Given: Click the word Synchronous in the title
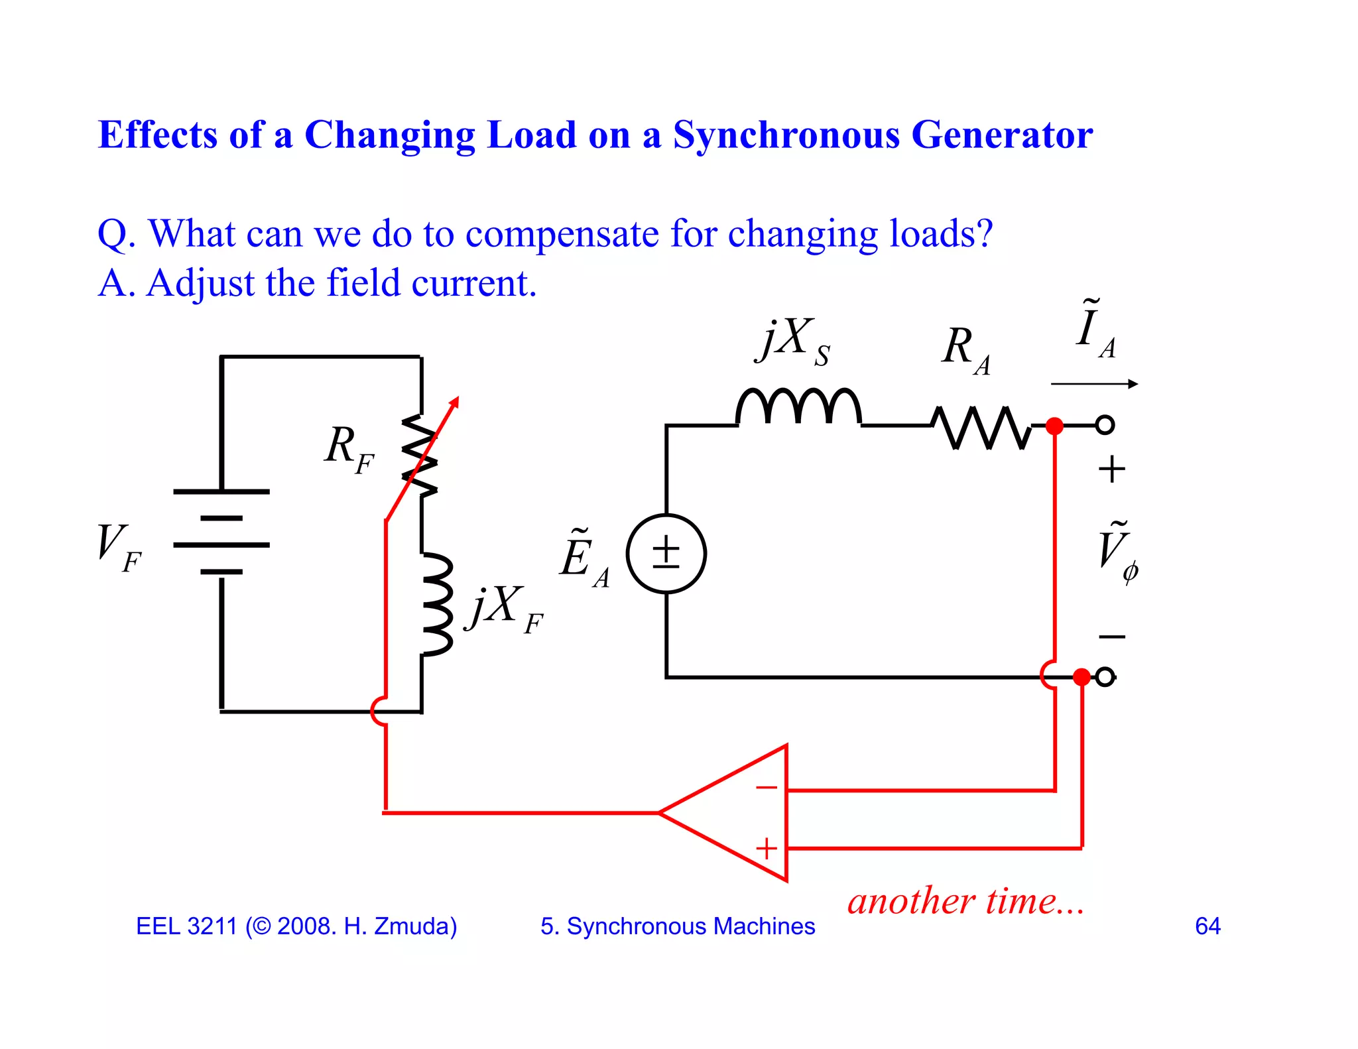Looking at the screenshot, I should coord(786,135).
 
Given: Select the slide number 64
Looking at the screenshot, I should coord(1207,926).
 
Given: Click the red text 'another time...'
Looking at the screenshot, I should coord(965,901).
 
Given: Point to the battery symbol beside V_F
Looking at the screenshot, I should coord(221,532).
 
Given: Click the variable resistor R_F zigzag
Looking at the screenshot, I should coord(420,455).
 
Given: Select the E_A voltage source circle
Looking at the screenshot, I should coord(666,554).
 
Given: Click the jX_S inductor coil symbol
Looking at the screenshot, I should coord(798,406).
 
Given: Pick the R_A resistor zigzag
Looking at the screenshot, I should coord(981,427).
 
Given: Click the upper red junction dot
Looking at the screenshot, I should coord(1054,426).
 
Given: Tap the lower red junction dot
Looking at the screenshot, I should coord(1081,677).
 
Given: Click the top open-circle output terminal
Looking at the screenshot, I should coord(1105,425).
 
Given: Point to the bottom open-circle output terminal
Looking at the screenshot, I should coord(1105,677).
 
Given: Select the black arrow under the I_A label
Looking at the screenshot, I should coord(1094,384).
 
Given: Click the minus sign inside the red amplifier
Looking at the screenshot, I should coord(767,788).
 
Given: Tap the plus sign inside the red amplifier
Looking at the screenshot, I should coord(767,849).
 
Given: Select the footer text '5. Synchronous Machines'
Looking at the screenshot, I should coord(677,926).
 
